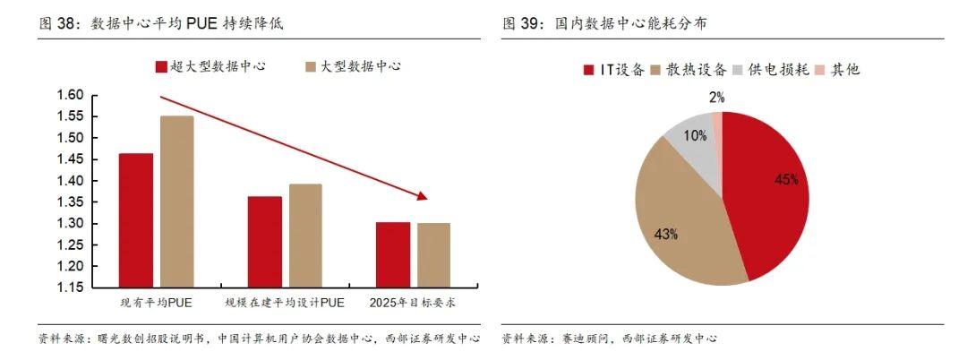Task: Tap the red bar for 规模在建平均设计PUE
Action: click(x=264, y=243)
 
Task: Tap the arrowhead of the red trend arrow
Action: click(x=423, y=195)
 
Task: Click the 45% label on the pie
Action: click(x=785, y=179)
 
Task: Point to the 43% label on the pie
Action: click(x=666, y=234)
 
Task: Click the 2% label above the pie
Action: click(x=716, y=97)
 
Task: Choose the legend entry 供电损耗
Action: click(x=777, y=69)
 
